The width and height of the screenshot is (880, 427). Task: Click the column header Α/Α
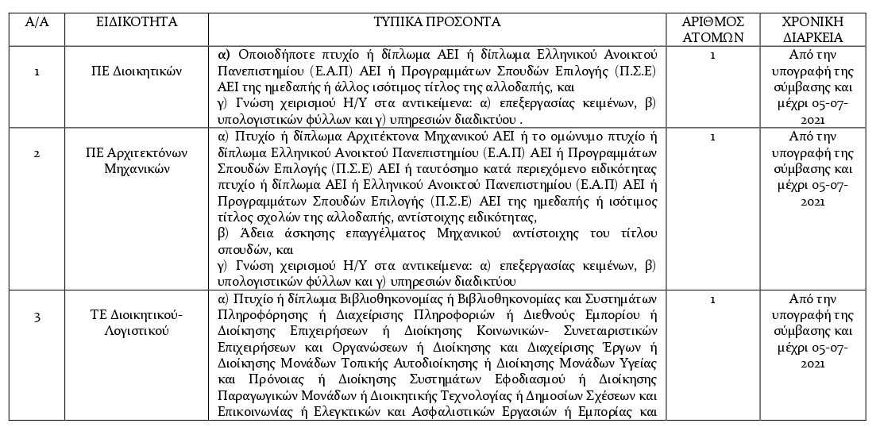tap(37, 21)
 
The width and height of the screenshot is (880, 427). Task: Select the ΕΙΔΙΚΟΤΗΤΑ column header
tap(137, 21)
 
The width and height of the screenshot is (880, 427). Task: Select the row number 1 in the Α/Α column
tap(37, 71)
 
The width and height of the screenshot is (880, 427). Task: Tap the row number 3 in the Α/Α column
tap(37, 317)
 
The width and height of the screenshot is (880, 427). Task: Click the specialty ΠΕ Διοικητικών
tap(137, 71)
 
